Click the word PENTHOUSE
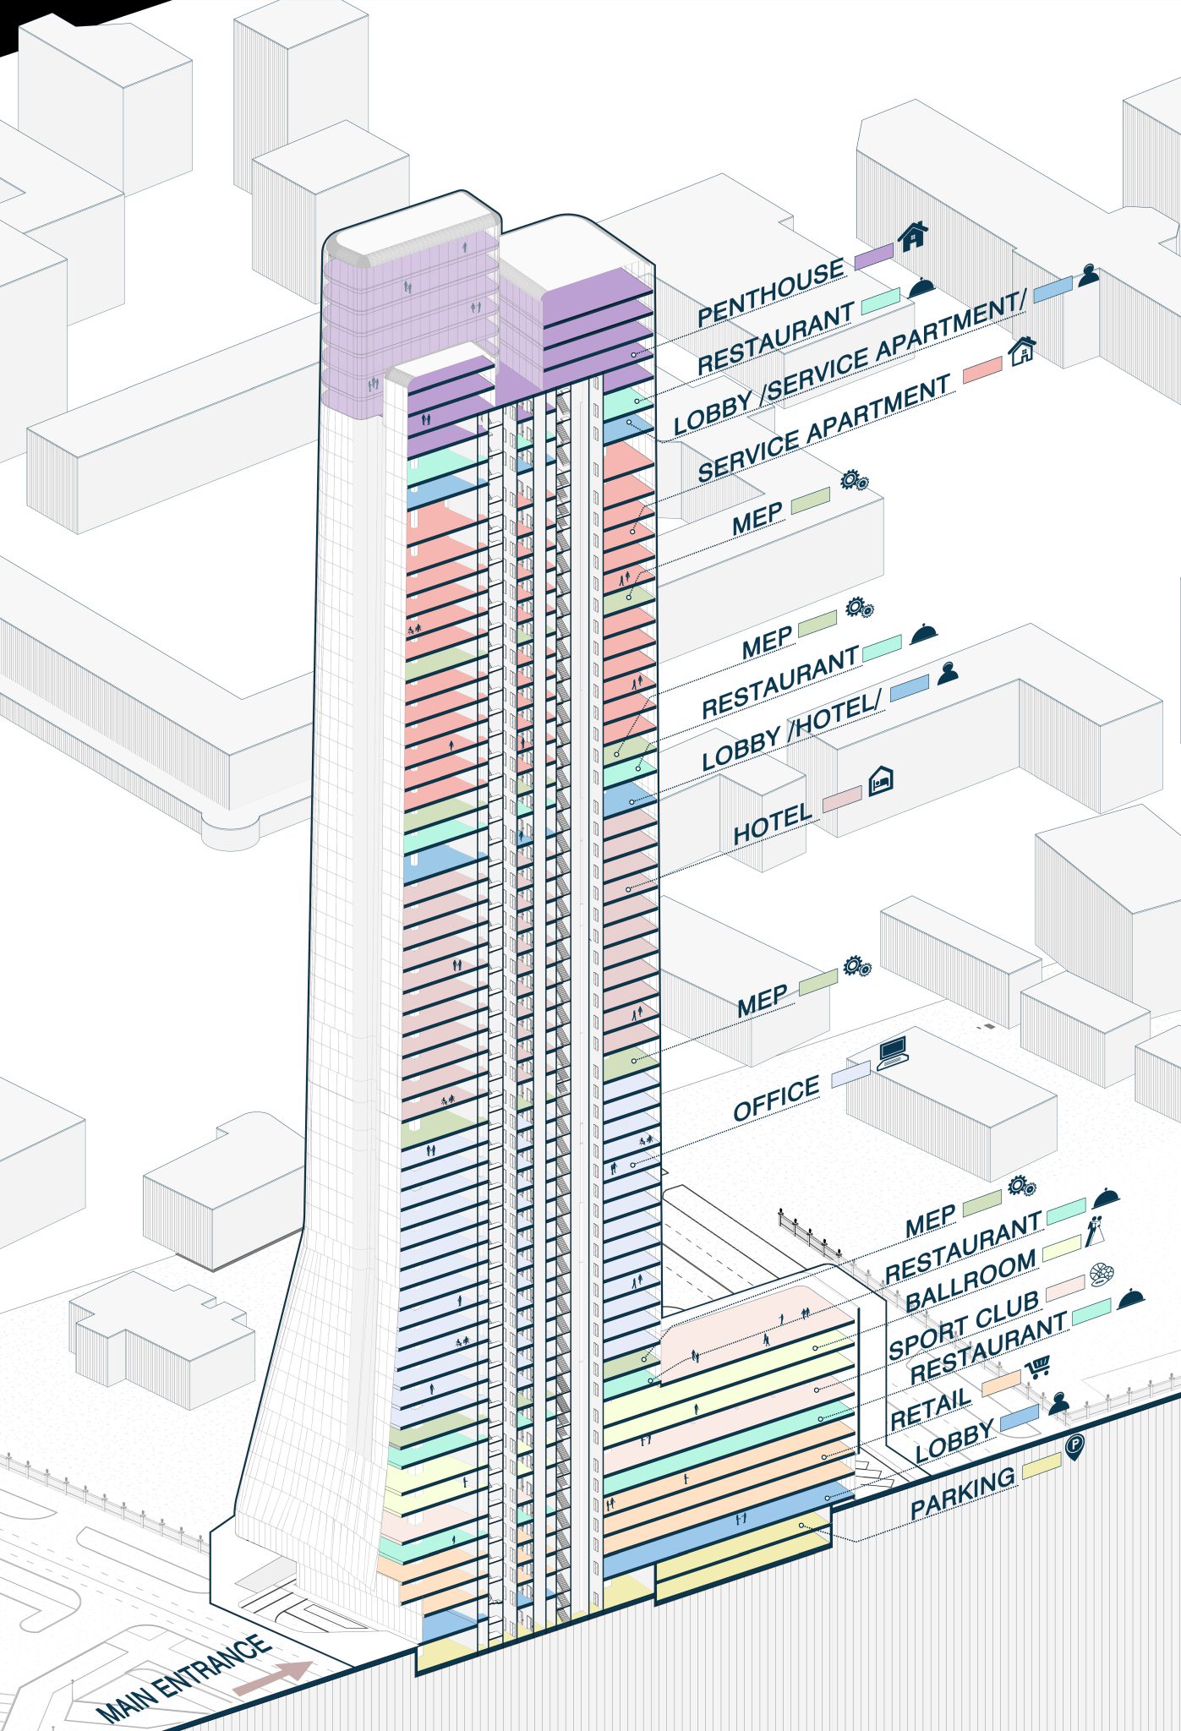pyautogui.click(x=770, y=293)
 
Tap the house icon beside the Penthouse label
pyautogui.click(x=912, y=237)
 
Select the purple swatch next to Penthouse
pyautogui.click(x=873, y=257)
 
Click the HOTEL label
pyautogui.click(x=772, y=823)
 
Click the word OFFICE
pyautogui.click(x=776, y=1098)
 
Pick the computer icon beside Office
pyautogui.click(x=892, y=1053)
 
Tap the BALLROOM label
pyautogui.click(x=970, y=1281)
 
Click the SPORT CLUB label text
pyautogui.click(x=963, y=1326)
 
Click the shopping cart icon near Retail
pyautogui.click(x=1037, y=1367)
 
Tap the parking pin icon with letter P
pyautogui.click(x=1074, y=1448)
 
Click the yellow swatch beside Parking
pyautogui.click(x=1041, y=1467)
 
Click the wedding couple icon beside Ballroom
pyautogui.click(x=1096, y=1230)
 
